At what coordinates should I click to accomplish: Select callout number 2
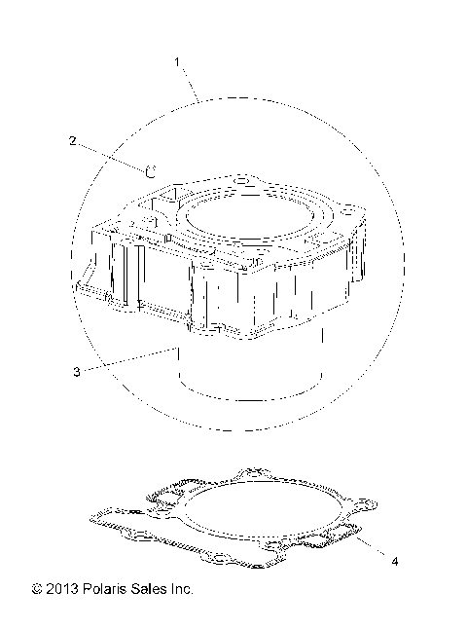72,140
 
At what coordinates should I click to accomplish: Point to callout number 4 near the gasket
394,561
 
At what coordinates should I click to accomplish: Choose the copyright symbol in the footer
37,589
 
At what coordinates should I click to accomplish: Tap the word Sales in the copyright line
150,589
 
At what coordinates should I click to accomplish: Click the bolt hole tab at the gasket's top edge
258,473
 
